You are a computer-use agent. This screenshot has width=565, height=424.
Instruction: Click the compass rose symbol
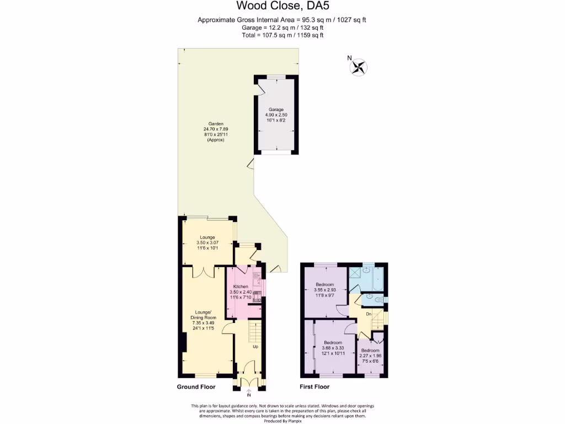[358, 67]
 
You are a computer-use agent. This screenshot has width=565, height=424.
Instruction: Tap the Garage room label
[276, 116]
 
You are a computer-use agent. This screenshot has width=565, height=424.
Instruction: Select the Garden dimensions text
[215, 132]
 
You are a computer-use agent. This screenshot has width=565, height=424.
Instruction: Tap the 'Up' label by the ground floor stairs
[255, 347]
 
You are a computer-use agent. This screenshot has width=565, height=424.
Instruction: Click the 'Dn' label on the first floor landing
[369, 314]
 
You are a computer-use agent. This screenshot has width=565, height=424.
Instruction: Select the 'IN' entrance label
[248, 395]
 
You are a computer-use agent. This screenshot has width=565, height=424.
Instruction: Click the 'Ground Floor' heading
[195, 387]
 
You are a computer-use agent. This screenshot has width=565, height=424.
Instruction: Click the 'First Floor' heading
[315, 387]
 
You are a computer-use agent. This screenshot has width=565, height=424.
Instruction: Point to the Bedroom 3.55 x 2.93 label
[325, 290]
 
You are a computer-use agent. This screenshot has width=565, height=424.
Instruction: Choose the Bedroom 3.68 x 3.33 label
[334, 348]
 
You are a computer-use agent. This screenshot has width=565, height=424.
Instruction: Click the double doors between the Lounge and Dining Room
[204, 272]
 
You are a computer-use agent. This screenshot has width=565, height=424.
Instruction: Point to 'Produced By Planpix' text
[282, 421]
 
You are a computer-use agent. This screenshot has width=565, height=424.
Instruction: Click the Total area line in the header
[282, 35]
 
